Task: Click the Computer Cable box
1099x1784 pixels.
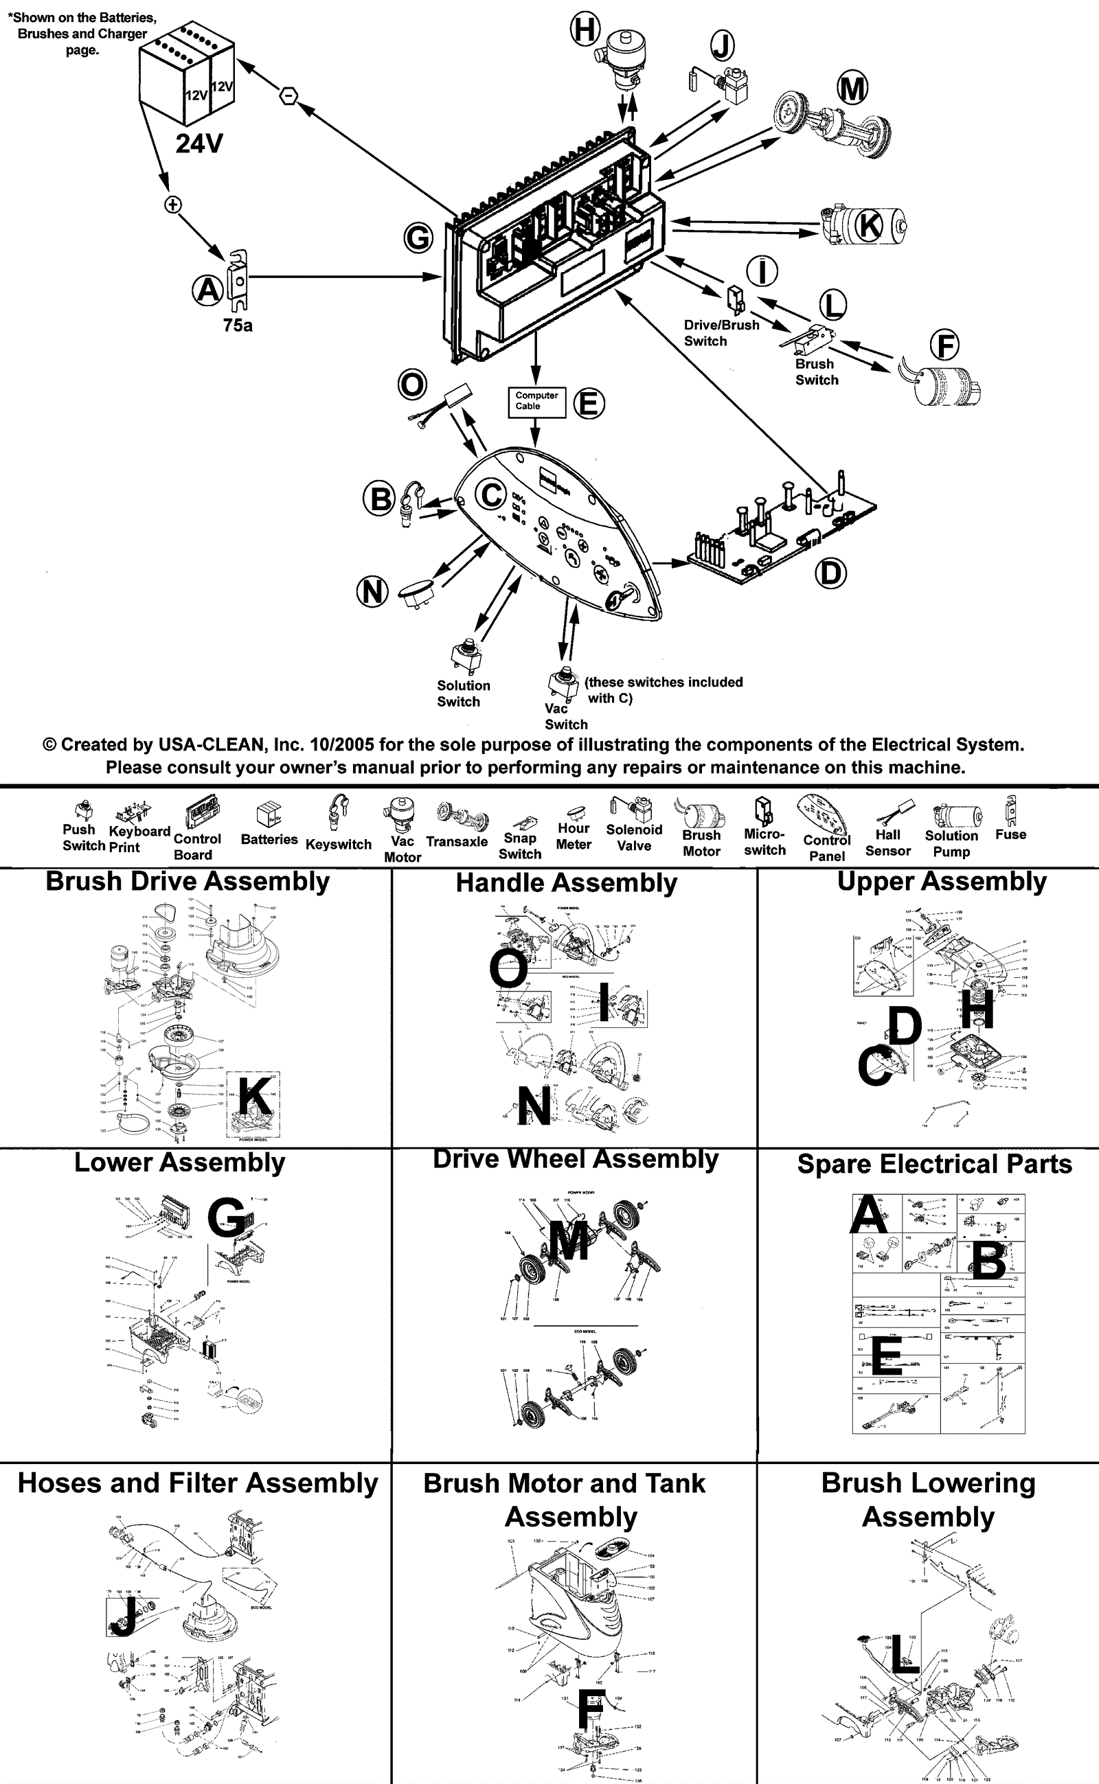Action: tap(536, 401)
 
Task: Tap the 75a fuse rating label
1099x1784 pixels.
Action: tap(238, 325)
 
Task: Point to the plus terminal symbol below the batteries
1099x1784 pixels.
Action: tap(172, 205)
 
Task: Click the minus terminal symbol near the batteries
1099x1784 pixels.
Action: tap(288, 95)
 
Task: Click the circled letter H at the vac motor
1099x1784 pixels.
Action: tap(585, 30)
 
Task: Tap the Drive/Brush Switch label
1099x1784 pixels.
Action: tap(721, 333)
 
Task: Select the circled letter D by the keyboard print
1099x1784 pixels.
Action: tap(830, 573)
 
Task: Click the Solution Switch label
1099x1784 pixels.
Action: tap(463, 694)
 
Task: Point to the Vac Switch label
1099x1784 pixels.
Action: tap(565, 716)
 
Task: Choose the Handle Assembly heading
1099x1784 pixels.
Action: tap(566, 883)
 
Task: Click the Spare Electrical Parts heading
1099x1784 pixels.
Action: tap(934, 1164)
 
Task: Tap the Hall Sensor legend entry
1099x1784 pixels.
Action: tap(887, 843)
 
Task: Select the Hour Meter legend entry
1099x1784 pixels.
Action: tap(574, 836)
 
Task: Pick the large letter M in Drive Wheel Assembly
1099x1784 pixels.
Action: tap(569, 1240)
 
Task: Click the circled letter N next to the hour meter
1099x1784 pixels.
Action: tap(372, 591)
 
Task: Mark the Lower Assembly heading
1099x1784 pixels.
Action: tap(179, 1163)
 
